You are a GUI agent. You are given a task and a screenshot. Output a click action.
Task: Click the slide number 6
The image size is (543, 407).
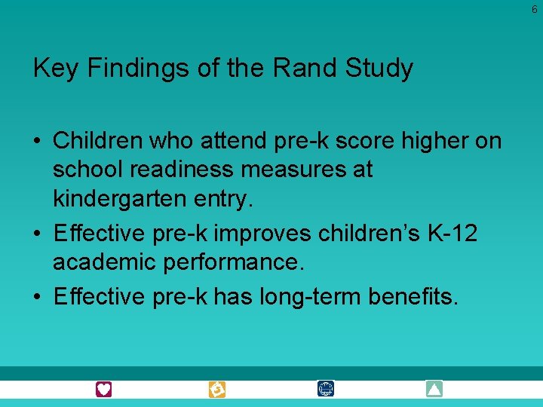tap(534, 10)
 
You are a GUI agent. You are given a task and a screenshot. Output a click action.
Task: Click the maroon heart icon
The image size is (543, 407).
tap(104, 390)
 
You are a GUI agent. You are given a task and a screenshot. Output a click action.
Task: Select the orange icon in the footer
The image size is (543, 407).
tap(217, 390)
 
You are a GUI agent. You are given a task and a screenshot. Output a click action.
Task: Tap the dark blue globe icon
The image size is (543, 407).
tap(326, 390)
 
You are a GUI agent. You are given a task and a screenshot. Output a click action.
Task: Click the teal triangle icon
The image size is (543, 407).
tap(434, 390)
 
